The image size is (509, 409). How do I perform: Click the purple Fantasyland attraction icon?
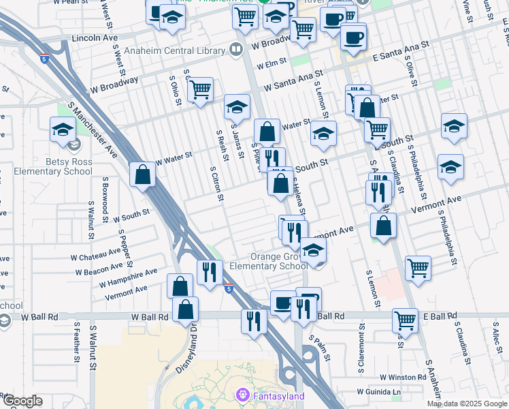point(242,395)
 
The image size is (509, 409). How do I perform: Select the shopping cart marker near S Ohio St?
point(201,89)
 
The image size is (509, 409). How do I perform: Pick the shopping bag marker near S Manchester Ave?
point(143,175)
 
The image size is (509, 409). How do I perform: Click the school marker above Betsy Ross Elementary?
point(63,130)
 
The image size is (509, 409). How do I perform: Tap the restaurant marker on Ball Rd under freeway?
point(254,320)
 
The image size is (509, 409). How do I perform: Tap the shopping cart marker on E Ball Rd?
point(405,320)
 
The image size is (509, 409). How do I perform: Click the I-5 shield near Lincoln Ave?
point(45,59)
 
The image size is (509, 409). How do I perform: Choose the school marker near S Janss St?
point(237,108)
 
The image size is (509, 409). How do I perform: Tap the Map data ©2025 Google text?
point(467,404)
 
